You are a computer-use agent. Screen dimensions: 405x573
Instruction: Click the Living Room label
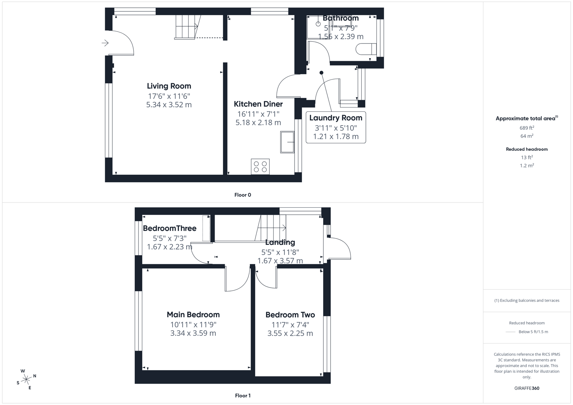[x=169, y=86]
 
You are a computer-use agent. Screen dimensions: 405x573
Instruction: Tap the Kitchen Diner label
[x=258, y=104]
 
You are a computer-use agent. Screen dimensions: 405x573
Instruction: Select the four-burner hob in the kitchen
[x=260, y=167]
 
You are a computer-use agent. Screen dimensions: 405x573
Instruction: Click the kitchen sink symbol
[x=287, y=142]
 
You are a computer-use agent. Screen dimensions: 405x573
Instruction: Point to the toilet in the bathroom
[x=365, y=49]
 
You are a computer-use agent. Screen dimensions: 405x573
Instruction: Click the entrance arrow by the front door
[x=105, y=43]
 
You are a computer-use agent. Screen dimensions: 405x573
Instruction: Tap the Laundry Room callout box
[x=335, y=127]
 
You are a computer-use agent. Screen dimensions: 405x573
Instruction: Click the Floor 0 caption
[x=242, y=195]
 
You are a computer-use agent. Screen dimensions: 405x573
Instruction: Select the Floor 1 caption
[x=242, y=396]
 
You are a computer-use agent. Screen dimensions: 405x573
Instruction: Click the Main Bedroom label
[x=193, y=315]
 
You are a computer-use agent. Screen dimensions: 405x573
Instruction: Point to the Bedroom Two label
[x=290, y=315]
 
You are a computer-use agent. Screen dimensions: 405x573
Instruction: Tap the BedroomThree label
[x=170, y=228]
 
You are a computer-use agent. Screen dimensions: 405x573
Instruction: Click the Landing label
[x=280, y=242]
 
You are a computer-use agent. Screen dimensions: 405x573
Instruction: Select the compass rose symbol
[x=26, y=379]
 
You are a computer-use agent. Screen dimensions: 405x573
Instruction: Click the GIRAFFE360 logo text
[x=526, y=388]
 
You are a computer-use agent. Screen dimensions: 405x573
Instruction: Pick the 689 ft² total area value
[x=526, y=128]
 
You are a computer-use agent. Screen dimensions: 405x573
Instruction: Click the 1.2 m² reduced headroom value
[x=526, y=165]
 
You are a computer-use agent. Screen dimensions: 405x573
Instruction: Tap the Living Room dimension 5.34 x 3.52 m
[x=169, y=105]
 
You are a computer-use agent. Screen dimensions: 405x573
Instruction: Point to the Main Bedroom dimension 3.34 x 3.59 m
[x=193, y=333]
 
